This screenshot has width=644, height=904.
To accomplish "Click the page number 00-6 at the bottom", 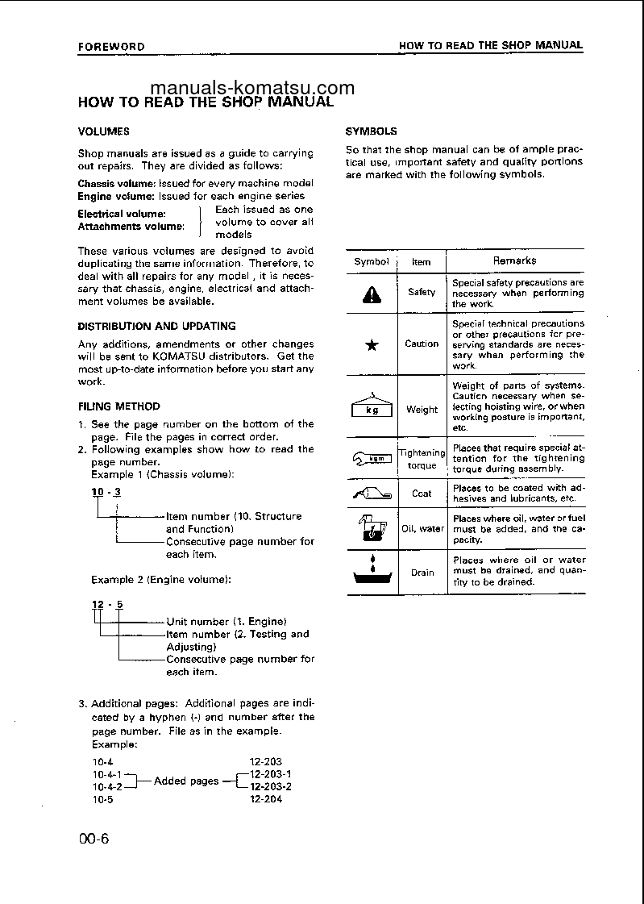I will coord(93,839).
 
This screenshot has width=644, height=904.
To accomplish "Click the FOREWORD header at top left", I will coord(111,47).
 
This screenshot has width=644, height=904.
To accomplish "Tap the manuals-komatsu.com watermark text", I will coord(252,88).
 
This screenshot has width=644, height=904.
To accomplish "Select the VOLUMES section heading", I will coord(103,131).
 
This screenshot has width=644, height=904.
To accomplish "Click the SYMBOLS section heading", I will coord(371,131).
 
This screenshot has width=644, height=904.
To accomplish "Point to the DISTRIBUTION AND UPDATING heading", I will coord(156,327).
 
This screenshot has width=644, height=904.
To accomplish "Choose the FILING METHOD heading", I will coord(118,406).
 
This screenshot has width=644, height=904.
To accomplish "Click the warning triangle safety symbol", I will coord(372,295).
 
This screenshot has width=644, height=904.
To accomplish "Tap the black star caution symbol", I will coord(372,344).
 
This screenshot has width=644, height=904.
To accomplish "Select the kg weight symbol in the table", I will coord(372,407).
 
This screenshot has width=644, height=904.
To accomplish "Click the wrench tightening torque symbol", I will coord(372,459).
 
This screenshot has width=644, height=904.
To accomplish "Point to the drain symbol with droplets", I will coord(372,572).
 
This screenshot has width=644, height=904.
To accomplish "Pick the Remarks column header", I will coord(514,260).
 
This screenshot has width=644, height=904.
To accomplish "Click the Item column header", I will coord(422,261).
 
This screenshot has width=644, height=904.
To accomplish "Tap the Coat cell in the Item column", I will coord(422,494).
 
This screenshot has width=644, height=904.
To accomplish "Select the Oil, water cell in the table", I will coord(422,529).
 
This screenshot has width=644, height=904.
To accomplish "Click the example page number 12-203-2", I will coord(271,787).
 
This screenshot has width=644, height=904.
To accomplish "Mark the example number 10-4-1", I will coord(106,774).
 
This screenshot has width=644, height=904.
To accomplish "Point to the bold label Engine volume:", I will coord(112,196).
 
